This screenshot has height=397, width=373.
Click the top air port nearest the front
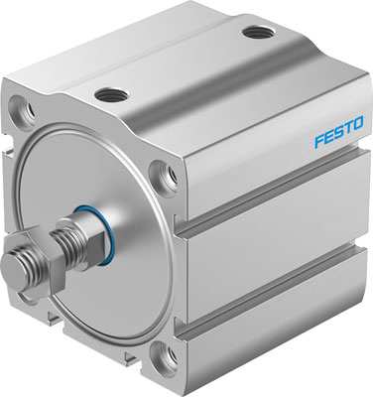click(107, 95)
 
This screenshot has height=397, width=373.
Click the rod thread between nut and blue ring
click(69, 245)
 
